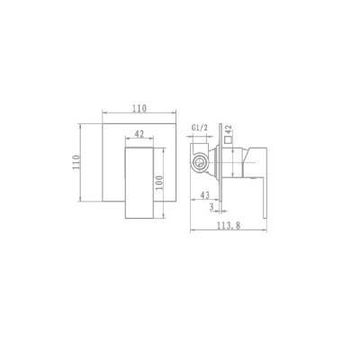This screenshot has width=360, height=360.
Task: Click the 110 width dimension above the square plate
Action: pos(139,108)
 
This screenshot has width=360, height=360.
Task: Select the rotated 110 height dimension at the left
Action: pos(76,162)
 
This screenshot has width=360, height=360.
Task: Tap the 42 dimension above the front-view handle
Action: pos(139,134)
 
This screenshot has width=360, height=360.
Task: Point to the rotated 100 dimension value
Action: pos(159,183)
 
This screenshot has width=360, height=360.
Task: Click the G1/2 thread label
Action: pos(200,128)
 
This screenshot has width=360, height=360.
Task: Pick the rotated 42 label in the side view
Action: pos(228,130)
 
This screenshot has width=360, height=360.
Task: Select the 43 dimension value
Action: pos(204,195)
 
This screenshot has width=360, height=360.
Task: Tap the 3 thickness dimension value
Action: pos(211,207)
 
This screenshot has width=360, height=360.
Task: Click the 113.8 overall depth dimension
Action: pos(229,226)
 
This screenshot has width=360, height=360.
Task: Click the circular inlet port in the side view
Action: pos(199,164)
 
